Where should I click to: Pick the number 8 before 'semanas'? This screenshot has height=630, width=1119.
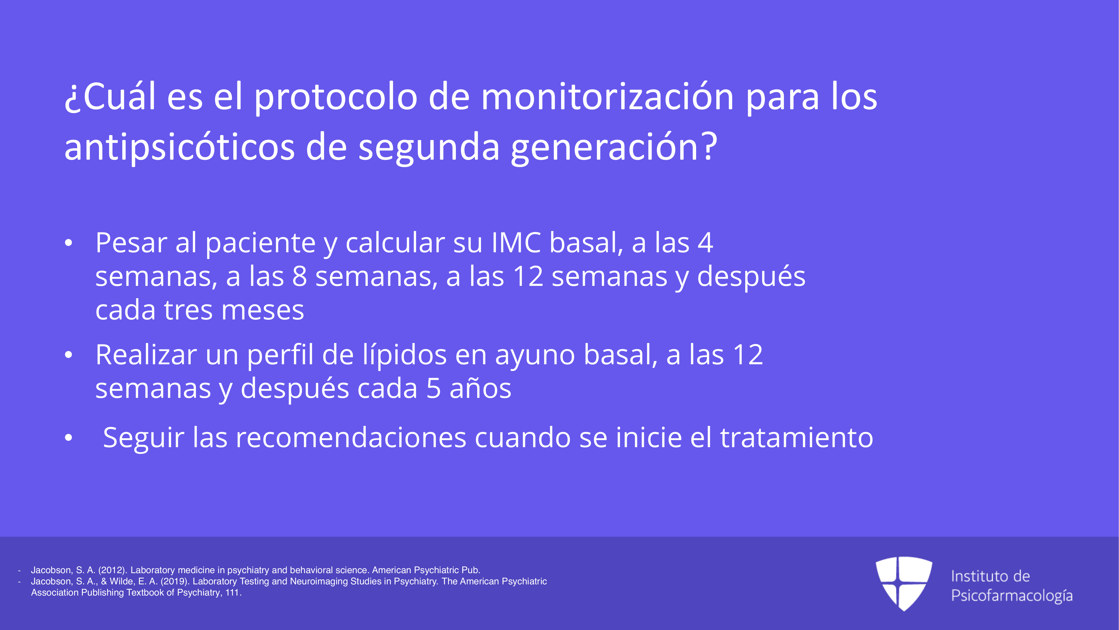coord(299,277)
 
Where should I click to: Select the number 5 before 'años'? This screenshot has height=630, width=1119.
coord(434,389)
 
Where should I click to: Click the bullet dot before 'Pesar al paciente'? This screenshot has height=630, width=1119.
coord(68,244)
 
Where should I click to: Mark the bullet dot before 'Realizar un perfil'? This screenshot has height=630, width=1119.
coord(68,356)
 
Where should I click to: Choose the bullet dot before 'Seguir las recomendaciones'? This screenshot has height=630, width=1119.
coord(68,438)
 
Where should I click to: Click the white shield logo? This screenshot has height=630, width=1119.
coord(904,583)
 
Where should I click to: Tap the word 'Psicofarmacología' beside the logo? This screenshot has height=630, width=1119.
coord(1012,596)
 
